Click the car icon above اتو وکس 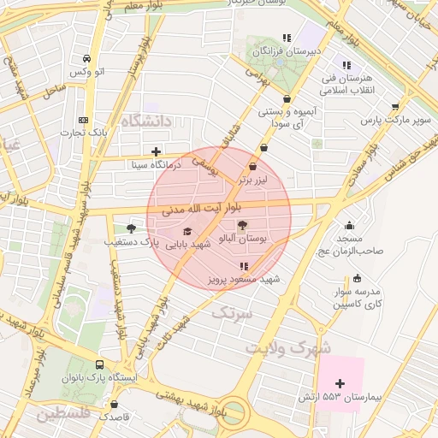pyautogui.click(x=86, y=58)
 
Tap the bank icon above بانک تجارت pyautogui.click(x=83, y=120)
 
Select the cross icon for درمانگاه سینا pyautogui.click(x=156, y=151)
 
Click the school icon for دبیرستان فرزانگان pyautogui.click(x=287, y=38)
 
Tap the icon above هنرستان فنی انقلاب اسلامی pyautogui.click(x=346, y=65)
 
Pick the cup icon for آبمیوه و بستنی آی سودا pyautogui.click(x=287, y=99)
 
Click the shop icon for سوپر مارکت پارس pyautogui.click(x=394, y=107)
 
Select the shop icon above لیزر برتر pyautogui.click(x=252, y=167)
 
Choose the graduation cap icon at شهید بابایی pyautogui.click(x=187, y=231)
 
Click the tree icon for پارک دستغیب pyautogui.click(x=131, y=228)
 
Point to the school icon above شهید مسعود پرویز pyautogui.click(x=245, y=266)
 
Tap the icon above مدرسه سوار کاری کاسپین pyautogui.click(x=357, y=278)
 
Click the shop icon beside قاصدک pyautogui.click(x=115, y=404)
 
